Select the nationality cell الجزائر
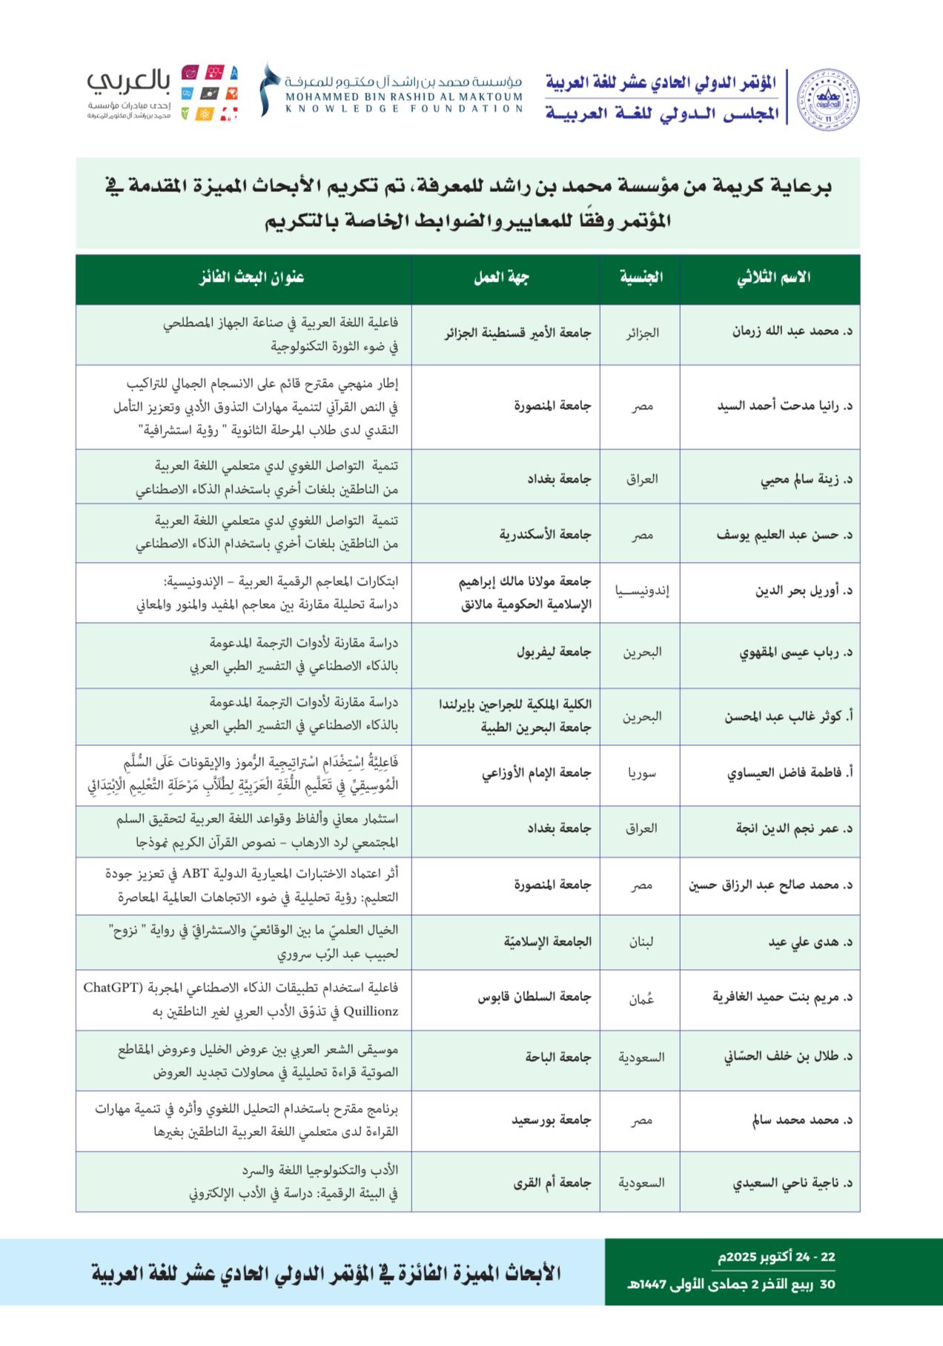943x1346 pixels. pos(642,333)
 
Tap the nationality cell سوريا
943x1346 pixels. pos(642,773)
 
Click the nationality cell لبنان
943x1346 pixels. pos(642,942)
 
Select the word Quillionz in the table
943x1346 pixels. pos(366,1011)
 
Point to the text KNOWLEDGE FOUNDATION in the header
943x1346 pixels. pos(393,108)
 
